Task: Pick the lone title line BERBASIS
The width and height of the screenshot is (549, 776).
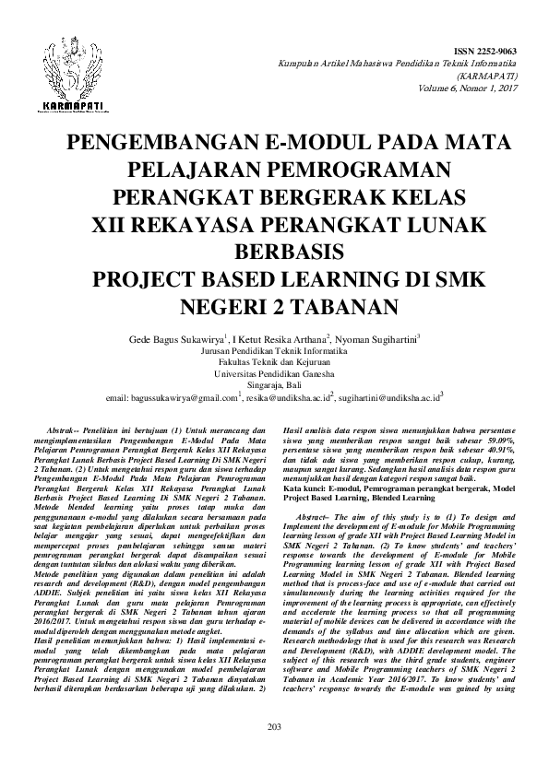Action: (x=274, y=252)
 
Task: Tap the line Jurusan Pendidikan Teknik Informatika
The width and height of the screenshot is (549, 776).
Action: (x=274, y=351)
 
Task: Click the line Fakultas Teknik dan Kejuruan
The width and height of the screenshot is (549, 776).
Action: (x=274, y=363)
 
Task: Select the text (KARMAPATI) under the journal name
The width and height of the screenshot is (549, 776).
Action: (x=492, y=76)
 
